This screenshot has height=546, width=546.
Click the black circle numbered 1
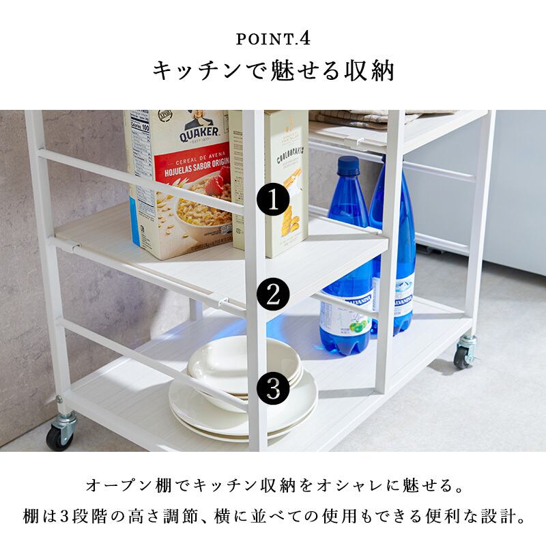pyautogui.click(x=274, y=200)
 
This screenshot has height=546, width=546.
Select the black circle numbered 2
pyautogui.click(x=274, y=295)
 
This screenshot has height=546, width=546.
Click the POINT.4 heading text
pyautogui.click(x=273, y=38)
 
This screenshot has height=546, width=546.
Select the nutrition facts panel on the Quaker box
pyautogui.click(x=141, y=136)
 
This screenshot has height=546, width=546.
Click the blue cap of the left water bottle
pyautogui.click(x=349, y=165)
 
